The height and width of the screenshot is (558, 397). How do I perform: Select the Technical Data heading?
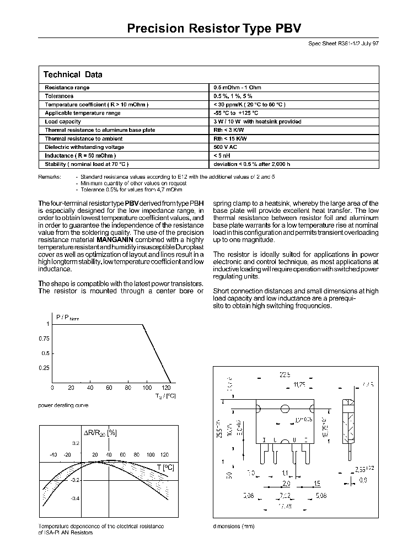(72, 74)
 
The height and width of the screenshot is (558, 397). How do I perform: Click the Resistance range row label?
(67, 88)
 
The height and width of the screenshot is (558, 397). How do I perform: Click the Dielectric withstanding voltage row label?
(84, 147)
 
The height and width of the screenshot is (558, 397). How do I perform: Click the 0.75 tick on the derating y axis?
(43, 339)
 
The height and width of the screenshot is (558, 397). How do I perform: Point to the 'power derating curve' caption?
(63, 405)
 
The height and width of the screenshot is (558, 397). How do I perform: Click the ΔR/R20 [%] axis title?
(100, 433)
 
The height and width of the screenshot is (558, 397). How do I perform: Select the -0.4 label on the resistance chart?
(76, 498)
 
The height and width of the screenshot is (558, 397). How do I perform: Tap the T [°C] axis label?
(165, 468)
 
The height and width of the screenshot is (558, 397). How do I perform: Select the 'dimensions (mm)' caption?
(234, 526)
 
